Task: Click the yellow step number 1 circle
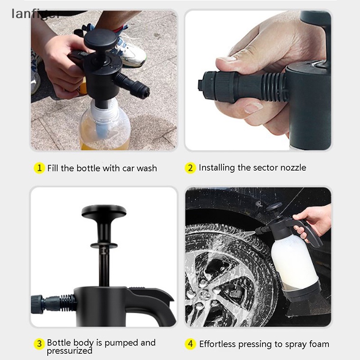click(x=40, y=168)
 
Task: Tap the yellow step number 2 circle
click(x=190, y=168)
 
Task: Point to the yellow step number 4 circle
click(x=191, y=344)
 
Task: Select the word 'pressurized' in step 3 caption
click(x=69, y=351)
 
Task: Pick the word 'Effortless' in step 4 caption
click(x=217, y=344)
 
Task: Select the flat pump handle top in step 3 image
click(x=103, y=211)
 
